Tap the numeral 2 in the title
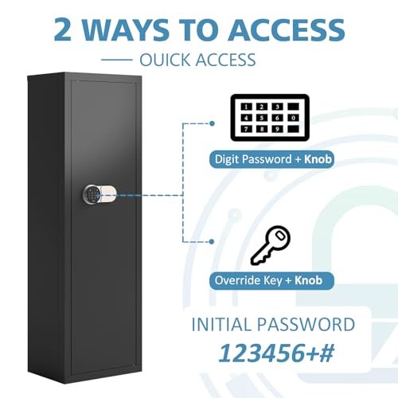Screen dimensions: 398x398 63,29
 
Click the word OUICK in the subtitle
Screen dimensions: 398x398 166,60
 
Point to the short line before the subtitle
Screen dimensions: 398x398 117,60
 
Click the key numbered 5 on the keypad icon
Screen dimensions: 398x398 262,118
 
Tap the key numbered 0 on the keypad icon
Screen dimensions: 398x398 293,118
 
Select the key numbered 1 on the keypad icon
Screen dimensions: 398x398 246,107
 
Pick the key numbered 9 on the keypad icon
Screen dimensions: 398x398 277,129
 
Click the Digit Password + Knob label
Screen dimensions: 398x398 271,159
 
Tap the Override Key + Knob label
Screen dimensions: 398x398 271,280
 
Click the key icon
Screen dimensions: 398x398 270,245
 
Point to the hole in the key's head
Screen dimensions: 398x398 280,235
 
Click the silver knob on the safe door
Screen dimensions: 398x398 108,195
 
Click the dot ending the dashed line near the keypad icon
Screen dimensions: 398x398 212,123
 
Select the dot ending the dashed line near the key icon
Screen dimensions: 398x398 212,241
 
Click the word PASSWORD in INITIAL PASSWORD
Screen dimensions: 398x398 306,324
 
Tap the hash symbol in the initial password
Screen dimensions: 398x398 326,353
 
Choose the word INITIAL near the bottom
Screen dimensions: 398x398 221,324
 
